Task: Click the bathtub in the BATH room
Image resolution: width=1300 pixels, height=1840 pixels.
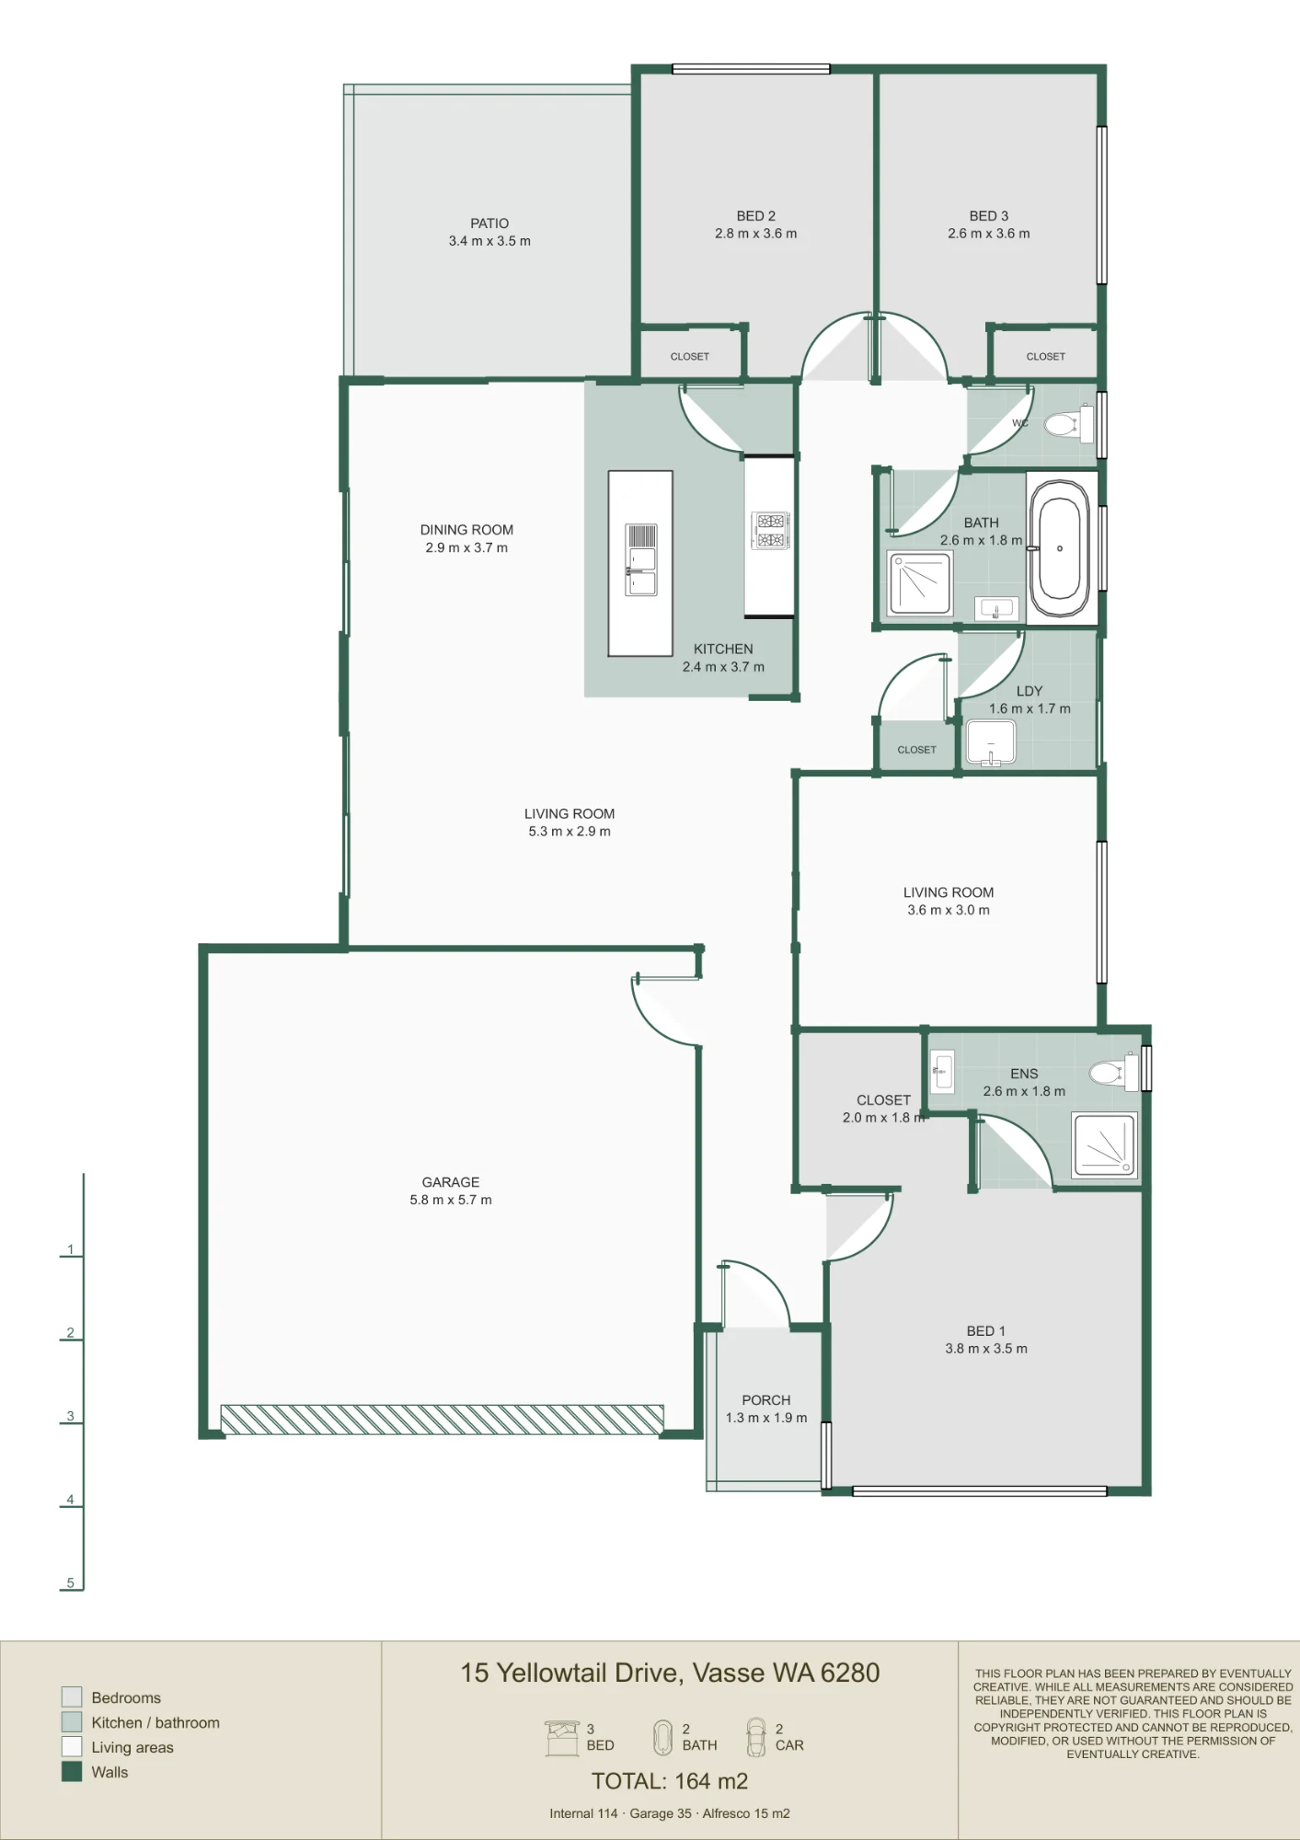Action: coord(1060,548)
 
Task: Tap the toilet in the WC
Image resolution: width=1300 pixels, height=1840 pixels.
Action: coord(1069,424)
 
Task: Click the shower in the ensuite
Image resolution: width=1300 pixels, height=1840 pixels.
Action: coord(1104,1145)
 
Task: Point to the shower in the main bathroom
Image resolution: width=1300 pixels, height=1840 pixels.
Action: coord(919,582)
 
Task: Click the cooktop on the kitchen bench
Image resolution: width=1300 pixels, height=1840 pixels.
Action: coord(770,530)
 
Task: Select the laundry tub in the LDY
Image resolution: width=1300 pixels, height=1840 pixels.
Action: coord(991,742)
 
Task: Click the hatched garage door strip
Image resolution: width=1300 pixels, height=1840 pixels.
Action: coord(442,1420)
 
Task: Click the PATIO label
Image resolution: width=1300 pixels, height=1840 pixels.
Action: coord(489,224)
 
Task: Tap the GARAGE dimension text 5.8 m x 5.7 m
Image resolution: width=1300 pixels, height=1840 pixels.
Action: coord(451,1200)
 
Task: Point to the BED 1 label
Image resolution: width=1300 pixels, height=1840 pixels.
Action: coord(986,1331)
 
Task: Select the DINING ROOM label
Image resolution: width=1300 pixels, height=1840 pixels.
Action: coord(466,530)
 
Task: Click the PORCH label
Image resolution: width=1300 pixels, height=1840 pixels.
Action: coord(766,1400)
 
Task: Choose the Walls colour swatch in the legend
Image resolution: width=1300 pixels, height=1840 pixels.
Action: coord(72,1772)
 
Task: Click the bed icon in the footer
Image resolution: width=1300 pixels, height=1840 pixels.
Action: coord(562,1738)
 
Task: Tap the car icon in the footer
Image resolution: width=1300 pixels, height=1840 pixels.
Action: coord(755,1737)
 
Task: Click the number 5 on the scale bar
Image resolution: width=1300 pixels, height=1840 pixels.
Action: coord(70,1582)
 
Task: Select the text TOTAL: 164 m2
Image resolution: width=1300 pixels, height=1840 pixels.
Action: coord(670,1781)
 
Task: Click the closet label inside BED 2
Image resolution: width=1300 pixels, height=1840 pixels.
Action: coord(690,357)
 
